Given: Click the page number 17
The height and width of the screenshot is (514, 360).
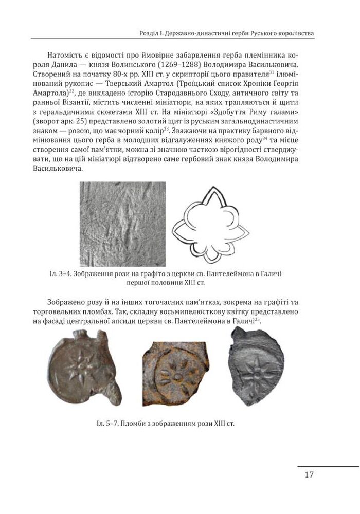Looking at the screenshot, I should [309, 474].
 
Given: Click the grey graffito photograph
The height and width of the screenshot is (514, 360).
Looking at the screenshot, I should [122, 224].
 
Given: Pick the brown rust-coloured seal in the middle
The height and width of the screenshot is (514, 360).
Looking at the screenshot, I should [176, 374].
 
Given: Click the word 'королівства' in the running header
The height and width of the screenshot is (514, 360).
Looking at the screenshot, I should [292, 33].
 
